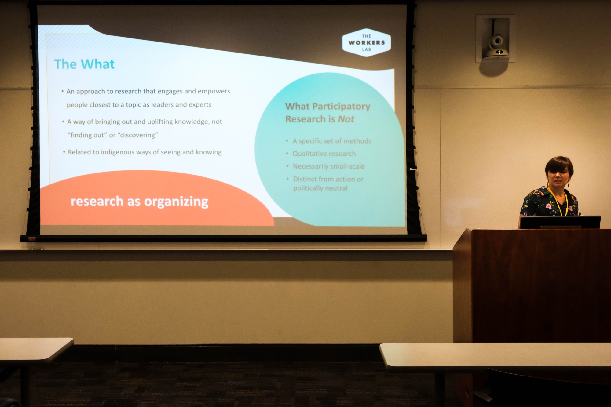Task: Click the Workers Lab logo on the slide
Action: (366, 42)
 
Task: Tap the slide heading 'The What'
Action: (84, 64)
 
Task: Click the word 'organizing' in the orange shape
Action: (176, 202)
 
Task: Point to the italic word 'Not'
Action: (346, 119)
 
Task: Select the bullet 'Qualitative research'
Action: (324, 154)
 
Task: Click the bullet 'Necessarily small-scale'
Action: (329, 166)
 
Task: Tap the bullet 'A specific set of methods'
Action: (332, 141)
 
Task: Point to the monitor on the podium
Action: (560, 222)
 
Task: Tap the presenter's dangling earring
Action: (569, 184)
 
